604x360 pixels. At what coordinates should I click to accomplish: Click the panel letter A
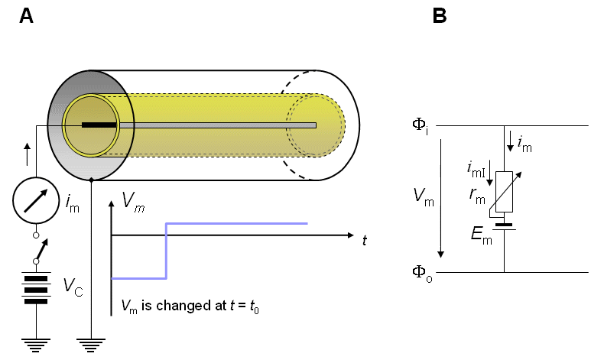coord(26,15)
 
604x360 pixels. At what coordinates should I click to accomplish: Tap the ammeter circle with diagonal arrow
coord(36,201)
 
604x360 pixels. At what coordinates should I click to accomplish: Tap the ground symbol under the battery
coord(35,343)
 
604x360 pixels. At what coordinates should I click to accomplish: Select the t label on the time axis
coord(365,240)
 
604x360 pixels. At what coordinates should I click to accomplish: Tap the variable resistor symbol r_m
coord(505,191)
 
